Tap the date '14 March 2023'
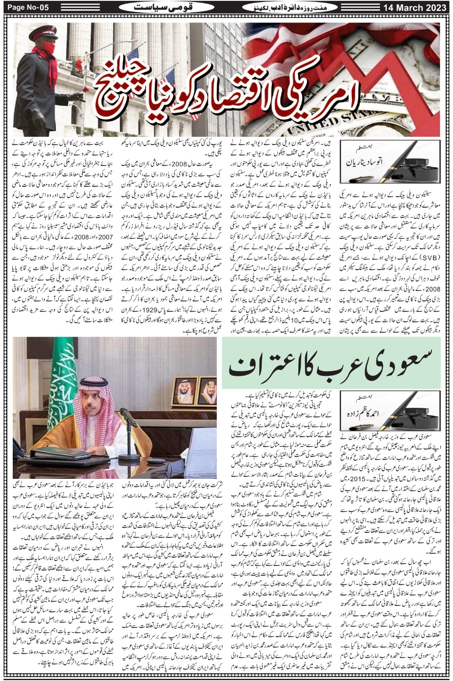click(x=414, y=8)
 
